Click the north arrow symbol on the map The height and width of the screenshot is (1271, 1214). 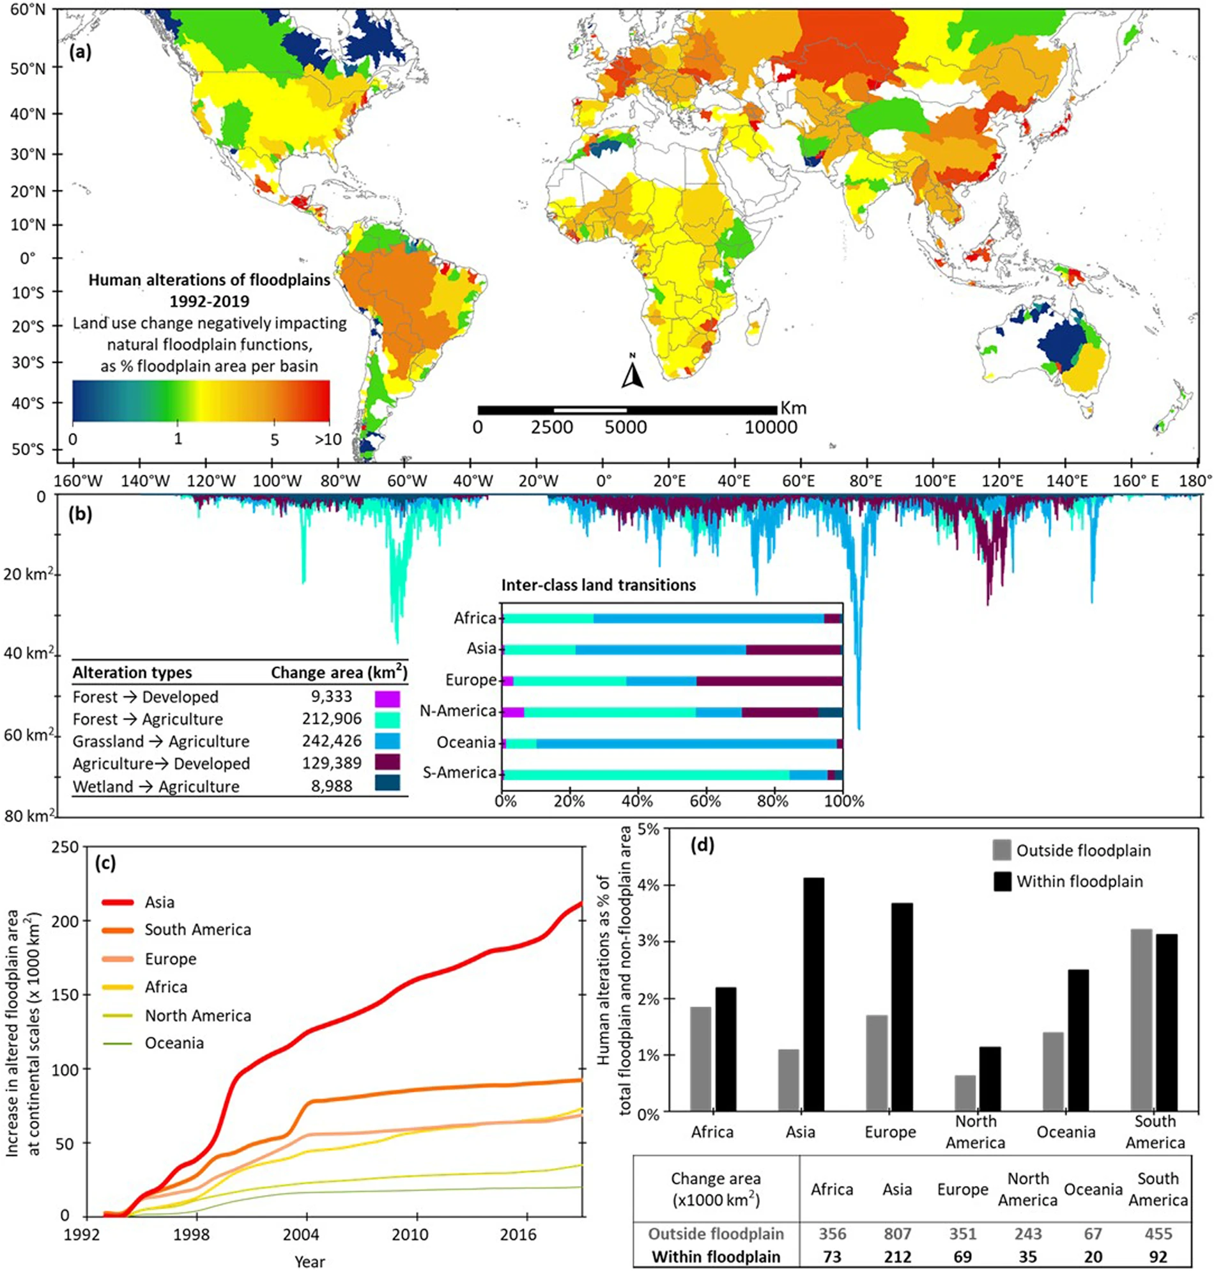click(632, 373)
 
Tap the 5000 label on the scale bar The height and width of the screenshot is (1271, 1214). click(625, 427)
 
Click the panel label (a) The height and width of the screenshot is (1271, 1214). click(81, 52)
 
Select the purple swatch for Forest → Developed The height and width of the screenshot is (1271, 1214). click(387, 698)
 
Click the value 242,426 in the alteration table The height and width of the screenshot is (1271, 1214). click(332, 741)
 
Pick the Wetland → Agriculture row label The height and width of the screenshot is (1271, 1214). click(156, 786)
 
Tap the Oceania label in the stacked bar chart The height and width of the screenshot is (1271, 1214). click(466, 742)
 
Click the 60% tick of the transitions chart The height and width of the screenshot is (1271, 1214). click(705, 801)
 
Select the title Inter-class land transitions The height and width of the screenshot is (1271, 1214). click(599, 586)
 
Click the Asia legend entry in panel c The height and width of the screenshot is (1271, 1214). click(159, 902)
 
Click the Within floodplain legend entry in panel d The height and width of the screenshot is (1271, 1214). click(1079, 881)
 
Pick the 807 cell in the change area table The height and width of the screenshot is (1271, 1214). click(898, 1233)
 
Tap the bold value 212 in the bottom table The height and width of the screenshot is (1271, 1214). click(898, 1257)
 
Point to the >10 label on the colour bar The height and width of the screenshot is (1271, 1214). click(328, 440)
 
